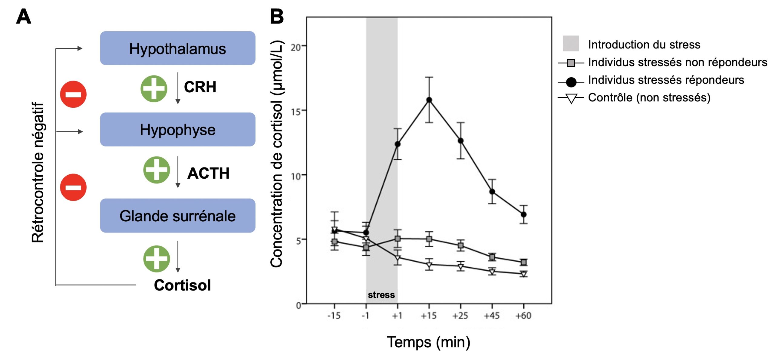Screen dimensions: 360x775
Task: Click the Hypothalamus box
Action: click(177, 48)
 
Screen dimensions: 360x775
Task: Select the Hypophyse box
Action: click(177, 130)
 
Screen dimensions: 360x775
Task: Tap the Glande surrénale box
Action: click(177, 216)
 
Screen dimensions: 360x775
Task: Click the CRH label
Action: click(200, 87)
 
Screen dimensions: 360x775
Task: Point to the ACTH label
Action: click(208, 173)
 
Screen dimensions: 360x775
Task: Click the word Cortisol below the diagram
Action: click(182, 285)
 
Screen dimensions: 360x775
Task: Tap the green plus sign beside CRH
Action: click(154, 89)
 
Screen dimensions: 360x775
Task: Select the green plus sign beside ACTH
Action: click(157, 170)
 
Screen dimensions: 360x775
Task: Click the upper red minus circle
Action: click(73, 94)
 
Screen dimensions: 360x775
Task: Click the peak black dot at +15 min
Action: click(429, 100)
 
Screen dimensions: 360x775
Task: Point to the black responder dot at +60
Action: click(523, 214)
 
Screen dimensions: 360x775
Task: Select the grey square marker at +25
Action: click(460, 246)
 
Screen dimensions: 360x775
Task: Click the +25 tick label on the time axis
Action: click(460, 316)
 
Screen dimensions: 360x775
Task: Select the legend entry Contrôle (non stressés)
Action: click(649, 98)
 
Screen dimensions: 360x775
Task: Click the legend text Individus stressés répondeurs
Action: click(666, 80)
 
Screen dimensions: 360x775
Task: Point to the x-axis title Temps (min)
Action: click(428, 342)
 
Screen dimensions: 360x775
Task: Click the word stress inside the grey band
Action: click(381, 295)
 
